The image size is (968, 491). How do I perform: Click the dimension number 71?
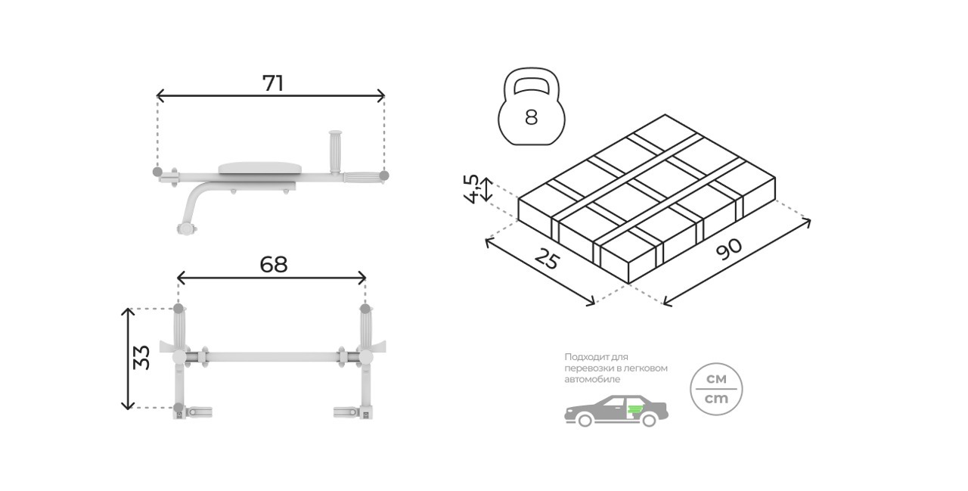(x=273, y=83)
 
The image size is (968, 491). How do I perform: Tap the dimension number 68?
(x=274, y=265)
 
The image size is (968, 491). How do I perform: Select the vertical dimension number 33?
(x=141, y=357)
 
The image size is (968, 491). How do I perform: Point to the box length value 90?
(x=729, y=250)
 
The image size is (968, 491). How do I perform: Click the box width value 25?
(x=547, y=259)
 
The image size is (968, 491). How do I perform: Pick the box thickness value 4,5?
(x=471, y=189)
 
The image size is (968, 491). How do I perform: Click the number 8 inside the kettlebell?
(x=531, y=117)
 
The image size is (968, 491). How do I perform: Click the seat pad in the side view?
(x=258, y=168)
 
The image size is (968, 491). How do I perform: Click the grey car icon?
(x=616, y=411)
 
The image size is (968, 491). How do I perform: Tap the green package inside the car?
(x=634, y=409)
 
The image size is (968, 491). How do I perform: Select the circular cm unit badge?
(x=716, y=389)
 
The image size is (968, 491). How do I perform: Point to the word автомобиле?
(x=592, y=379)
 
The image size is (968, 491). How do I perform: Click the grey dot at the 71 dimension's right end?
(x=383, y=176)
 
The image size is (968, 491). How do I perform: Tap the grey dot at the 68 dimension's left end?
(x=178, y=309)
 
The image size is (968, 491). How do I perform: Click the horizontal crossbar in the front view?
(x=273, y=357)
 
